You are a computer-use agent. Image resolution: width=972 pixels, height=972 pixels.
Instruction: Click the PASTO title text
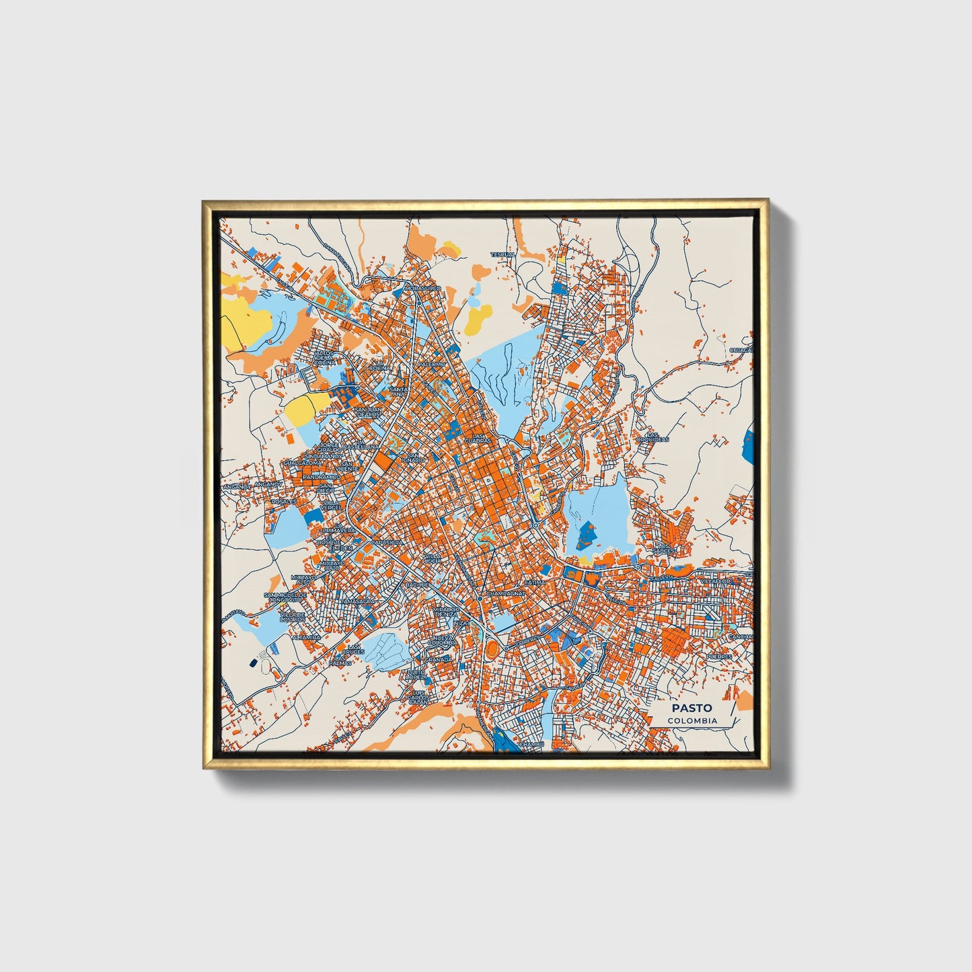[691, 708]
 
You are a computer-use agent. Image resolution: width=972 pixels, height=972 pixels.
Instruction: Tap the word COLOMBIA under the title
[692, 720]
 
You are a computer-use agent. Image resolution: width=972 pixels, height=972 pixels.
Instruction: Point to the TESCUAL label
[502, 255]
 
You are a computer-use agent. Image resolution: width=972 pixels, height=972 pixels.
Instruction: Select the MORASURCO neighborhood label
[422, 288]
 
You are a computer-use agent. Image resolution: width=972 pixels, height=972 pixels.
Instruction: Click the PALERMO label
[432, 364]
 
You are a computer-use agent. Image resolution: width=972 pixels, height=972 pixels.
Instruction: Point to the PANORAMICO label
[322, 477]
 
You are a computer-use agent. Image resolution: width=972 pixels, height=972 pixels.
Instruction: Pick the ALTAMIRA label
[306, 636]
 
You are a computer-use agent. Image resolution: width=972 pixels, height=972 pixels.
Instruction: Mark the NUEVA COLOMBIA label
[443, 640]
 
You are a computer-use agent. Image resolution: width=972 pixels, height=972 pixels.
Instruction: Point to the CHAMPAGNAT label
[504, 595]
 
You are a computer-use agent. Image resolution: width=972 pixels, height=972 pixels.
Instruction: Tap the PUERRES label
[718, 656]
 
